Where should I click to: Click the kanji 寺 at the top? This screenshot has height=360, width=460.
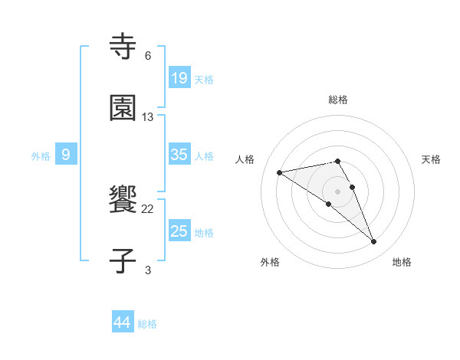click(123, 47)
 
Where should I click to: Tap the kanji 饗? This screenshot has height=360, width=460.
click(123, 200)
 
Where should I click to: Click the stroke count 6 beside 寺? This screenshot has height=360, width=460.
click(148, 55)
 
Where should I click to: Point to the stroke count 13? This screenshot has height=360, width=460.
click(148, 116)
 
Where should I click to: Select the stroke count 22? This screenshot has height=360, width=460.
click(148, 208)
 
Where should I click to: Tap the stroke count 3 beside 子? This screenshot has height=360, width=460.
click(148, 269)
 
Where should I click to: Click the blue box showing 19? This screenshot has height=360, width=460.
click(179, 78)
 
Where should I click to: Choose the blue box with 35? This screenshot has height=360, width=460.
click(179, 155)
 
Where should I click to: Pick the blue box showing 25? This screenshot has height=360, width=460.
click(179, 231)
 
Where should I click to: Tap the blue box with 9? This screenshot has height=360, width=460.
click(66, 155)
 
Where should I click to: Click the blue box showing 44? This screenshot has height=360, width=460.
click(122, 322)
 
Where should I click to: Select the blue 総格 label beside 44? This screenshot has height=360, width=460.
click(147, 324)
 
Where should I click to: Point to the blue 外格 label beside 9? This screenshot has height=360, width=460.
click(41, 156)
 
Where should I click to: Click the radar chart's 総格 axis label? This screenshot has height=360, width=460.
click(338, 100)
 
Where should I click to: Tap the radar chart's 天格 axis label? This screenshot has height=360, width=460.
click(432, 159)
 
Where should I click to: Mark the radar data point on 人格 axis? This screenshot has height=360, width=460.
click(279, 172)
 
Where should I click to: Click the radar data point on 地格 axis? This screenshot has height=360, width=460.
click(374, 242)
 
